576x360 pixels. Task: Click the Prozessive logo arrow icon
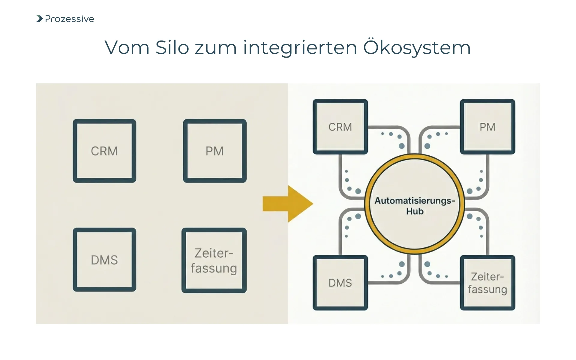pyautogui.click(x=39, y=19)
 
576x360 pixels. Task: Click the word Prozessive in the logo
pyautogui.click(x=70, y=19)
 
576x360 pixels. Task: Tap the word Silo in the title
pyautogui.click(x=172, y=47)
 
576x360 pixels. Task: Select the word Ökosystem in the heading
pyautogui.click(x=417, y=47)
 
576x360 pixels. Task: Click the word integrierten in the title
pyautogui.click(x=300, y=47)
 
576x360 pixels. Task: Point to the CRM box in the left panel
pyautogui.click(x=104, y=151)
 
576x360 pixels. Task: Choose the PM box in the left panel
pyautogui.click(x=214, y=151)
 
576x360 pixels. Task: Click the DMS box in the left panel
pyautogui.click(x=104, y=260)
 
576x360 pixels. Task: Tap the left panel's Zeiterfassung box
pyautogui.click(x=214, y=260)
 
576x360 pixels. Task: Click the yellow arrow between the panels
pyautogui.click(x=286, y=204)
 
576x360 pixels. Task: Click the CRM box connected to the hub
pyautogui.click(x=340, y=127)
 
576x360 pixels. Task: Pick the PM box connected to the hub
pyautogui.click(x=487, y=127)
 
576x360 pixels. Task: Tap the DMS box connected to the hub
pyautogui.click(x=340, y=283)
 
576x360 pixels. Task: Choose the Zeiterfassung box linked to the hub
pyautogui.click(x=487, y=283)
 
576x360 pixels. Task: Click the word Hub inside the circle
pyautogui.click(x=415, y=211)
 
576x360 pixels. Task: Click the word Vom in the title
pyautogui.click(x=127, y=47)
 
